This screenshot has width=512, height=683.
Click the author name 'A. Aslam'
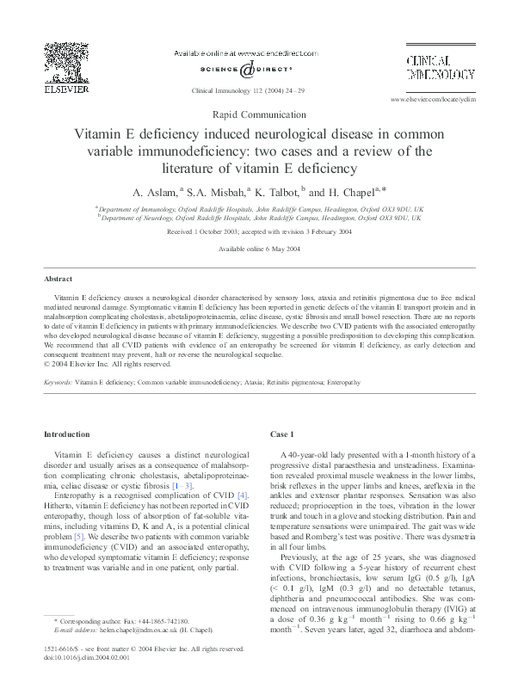click(151, 191)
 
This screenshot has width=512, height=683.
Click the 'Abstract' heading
click(59, 280)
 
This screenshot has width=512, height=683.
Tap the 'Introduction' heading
click(66, 434)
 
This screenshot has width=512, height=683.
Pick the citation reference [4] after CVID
click(243, 495)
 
